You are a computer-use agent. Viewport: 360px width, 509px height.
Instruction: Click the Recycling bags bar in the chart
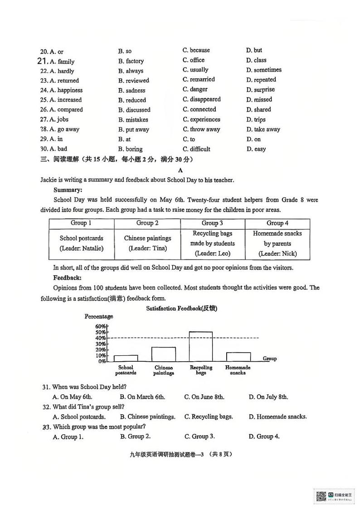click(x=200, y=346)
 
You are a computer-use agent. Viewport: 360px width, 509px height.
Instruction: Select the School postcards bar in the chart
click(x=126, y=358)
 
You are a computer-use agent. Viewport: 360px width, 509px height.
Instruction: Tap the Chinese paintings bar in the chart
click(x=163, y=354)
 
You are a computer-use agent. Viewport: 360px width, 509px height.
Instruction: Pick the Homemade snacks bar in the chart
click(x=238, y=357)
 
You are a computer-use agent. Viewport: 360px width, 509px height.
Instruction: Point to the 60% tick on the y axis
click(x=101, y=326)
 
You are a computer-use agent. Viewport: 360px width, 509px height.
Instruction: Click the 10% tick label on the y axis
click(x=101, y=355)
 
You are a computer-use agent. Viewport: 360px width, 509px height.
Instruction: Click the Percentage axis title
click(x=98, y=316)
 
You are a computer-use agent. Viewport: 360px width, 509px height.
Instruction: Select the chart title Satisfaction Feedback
click(x=182, y=308)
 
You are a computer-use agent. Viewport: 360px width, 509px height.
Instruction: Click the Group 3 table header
click(x=212, y=223)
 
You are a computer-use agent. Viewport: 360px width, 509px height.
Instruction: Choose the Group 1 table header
click(x=81, y=223)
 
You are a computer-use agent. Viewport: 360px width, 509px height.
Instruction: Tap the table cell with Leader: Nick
click(x=277, y=244)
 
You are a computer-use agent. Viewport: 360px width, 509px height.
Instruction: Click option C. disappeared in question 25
click(x=202, y=99)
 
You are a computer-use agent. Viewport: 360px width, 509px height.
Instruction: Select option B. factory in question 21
click(x=131, y=61)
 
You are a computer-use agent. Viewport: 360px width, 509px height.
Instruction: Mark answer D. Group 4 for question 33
click(x=265, y=436)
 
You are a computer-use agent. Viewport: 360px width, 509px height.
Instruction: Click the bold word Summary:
click(x=68, y=190)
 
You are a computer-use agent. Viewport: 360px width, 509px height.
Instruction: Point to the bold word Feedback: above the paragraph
click(x=68, y=277)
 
